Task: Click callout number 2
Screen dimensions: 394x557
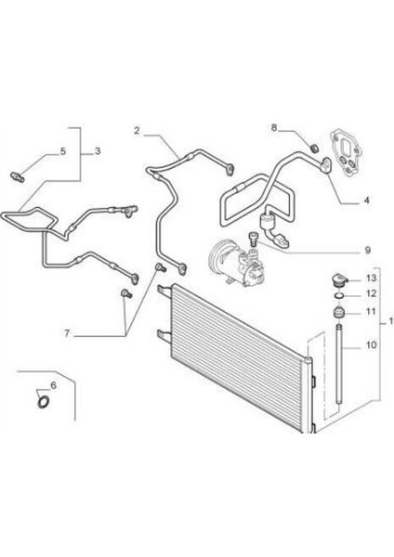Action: (x=137, y=130)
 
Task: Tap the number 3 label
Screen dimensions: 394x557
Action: (x=98, y=151)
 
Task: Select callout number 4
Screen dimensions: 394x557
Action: (x=366, y=201)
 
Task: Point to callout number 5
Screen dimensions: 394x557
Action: (x=63, y=151)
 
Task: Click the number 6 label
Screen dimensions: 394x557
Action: (x=54, y=385)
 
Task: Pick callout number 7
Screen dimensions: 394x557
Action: (x=67, y=333)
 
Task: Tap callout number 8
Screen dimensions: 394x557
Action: (x=274, y=127)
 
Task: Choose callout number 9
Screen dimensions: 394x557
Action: (x=368, y=250)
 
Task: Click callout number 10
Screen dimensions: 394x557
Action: (x=371, y=344)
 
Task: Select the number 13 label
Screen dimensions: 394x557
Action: (x=371, y=278)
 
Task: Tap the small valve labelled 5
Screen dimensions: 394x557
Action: (x=17, y=176)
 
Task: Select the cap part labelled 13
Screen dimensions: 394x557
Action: (x=339, y=280)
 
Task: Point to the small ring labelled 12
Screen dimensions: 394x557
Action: (x=339, y=295)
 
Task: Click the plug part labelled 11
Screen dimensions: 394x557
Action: (x=339, y=312)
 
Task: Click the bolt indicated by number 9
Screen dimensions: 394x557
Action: (x=253, y=239)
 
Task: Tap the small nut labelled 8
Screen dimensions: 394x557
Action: (x=314, y=148)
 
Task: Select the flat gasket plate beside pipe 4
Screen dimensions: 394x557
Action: (x=347, y=152)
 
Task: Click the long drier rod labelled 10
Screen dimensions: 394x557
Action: (x=339, y=363)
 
